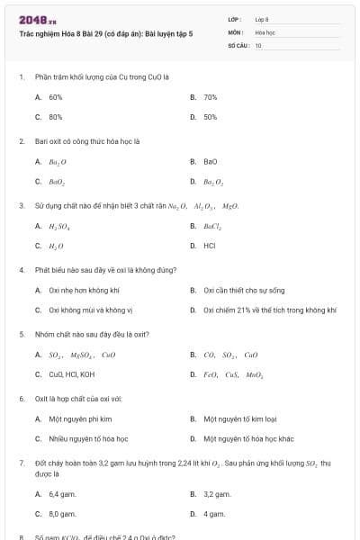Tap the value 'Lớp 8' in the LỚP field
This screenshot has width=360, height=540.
pos(262,19)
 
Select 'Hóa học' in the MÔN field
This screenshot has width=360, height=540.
pos(265,32)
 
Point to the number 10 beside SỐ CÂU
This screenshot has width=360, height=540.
pos(258,45)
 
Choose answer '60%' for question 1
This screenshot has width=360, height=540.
pos(56,97)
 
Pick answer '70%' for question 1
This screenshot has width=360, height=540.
pos(211,97)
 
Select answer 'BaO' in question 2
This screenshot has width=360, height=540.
pos(211,162)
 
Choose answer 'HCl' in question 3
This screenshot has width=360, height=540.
pos(209,245)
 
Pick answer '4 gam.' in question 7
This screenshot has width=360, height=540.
pos(214,514)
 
